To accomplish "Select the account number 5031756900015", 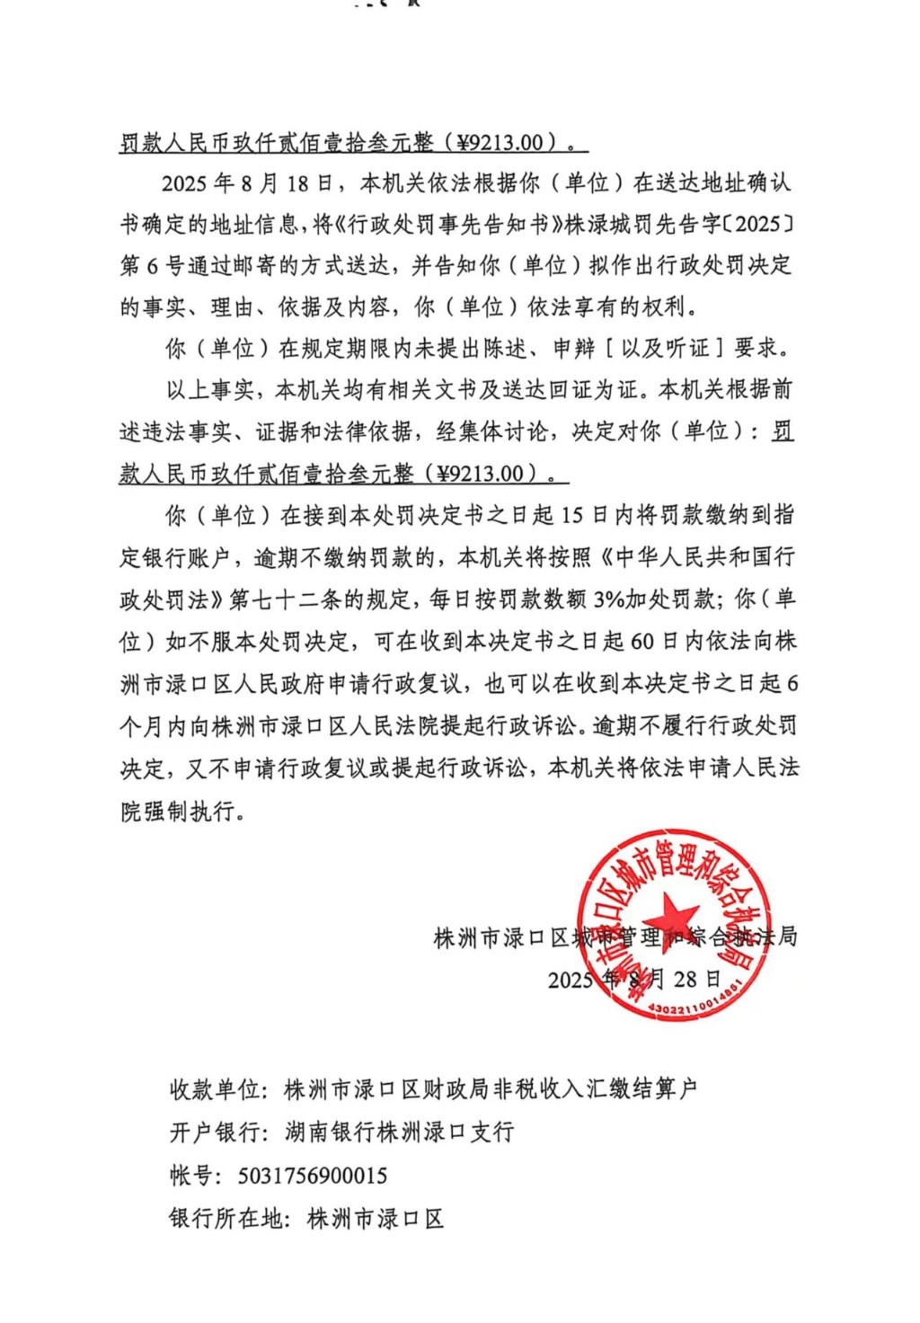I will [x=313, y=1176].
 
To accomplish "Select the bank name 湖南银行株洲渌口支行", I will [x=400, y=1132].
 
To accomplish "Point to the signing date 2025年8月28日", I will [x=634, y=979].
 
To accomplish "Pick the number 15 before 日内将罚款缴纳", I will [x=572, y=515].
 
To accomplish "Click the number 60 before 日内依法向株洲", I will [x=642, y=641].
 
